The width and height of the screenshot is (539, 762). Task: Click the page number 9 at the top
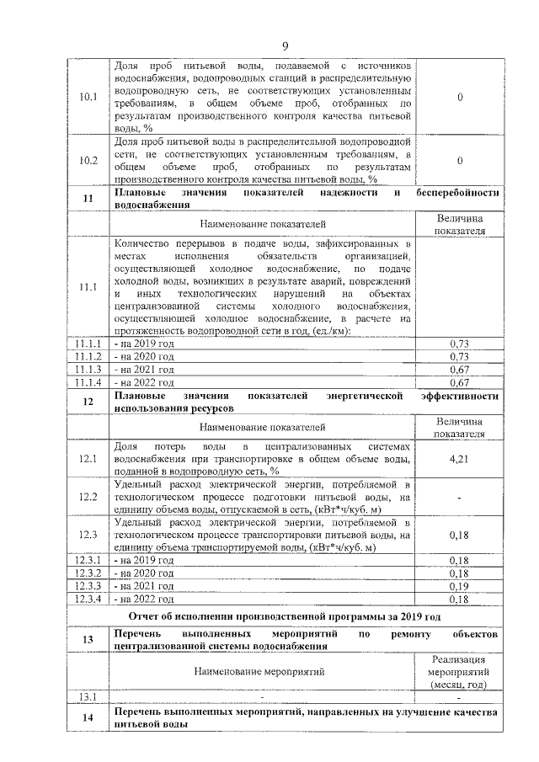tap(285, 45)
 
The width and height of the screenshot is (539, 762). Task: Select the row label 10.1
tap(88, 97)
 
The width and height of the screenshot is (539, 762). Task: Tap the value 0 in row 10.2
tap(459, 160)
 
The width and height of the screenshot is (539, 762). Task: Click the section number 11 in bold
tap(88, 199)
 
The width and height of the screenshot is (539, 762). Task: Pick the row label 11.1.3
tap(88, 370)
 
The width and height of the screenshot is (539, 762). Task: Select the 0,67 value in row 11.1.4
tap(459, 382)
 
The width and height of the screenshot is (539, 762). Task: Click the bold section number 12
tap(88, 402)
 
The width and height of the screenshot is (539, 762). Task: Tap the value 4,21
tap(459, 459)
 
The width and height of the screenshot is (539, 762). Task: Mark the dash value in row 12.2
tap(459, 498)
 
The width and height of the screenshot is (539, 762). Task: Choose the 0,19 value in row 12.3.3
tap(459, 586)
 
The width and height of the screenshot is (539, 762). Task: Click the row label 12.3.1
tap(88, 560)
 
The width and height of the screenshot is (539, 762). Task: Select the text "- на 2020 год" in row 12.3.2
tap(144, 573)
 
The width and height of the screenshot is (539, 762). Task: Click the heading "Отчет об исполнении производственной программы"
tap(285, 617)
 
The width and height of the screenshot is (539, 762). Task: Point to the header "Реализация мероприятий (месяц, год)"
tap(459, 673)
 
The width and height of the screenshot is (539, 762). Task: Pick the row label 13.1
tap(88, 697)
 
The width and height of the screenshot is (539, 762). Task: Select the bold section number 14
tap(88, 717)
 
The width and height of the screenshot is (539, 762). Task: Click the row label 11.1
tap(88, 287)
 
